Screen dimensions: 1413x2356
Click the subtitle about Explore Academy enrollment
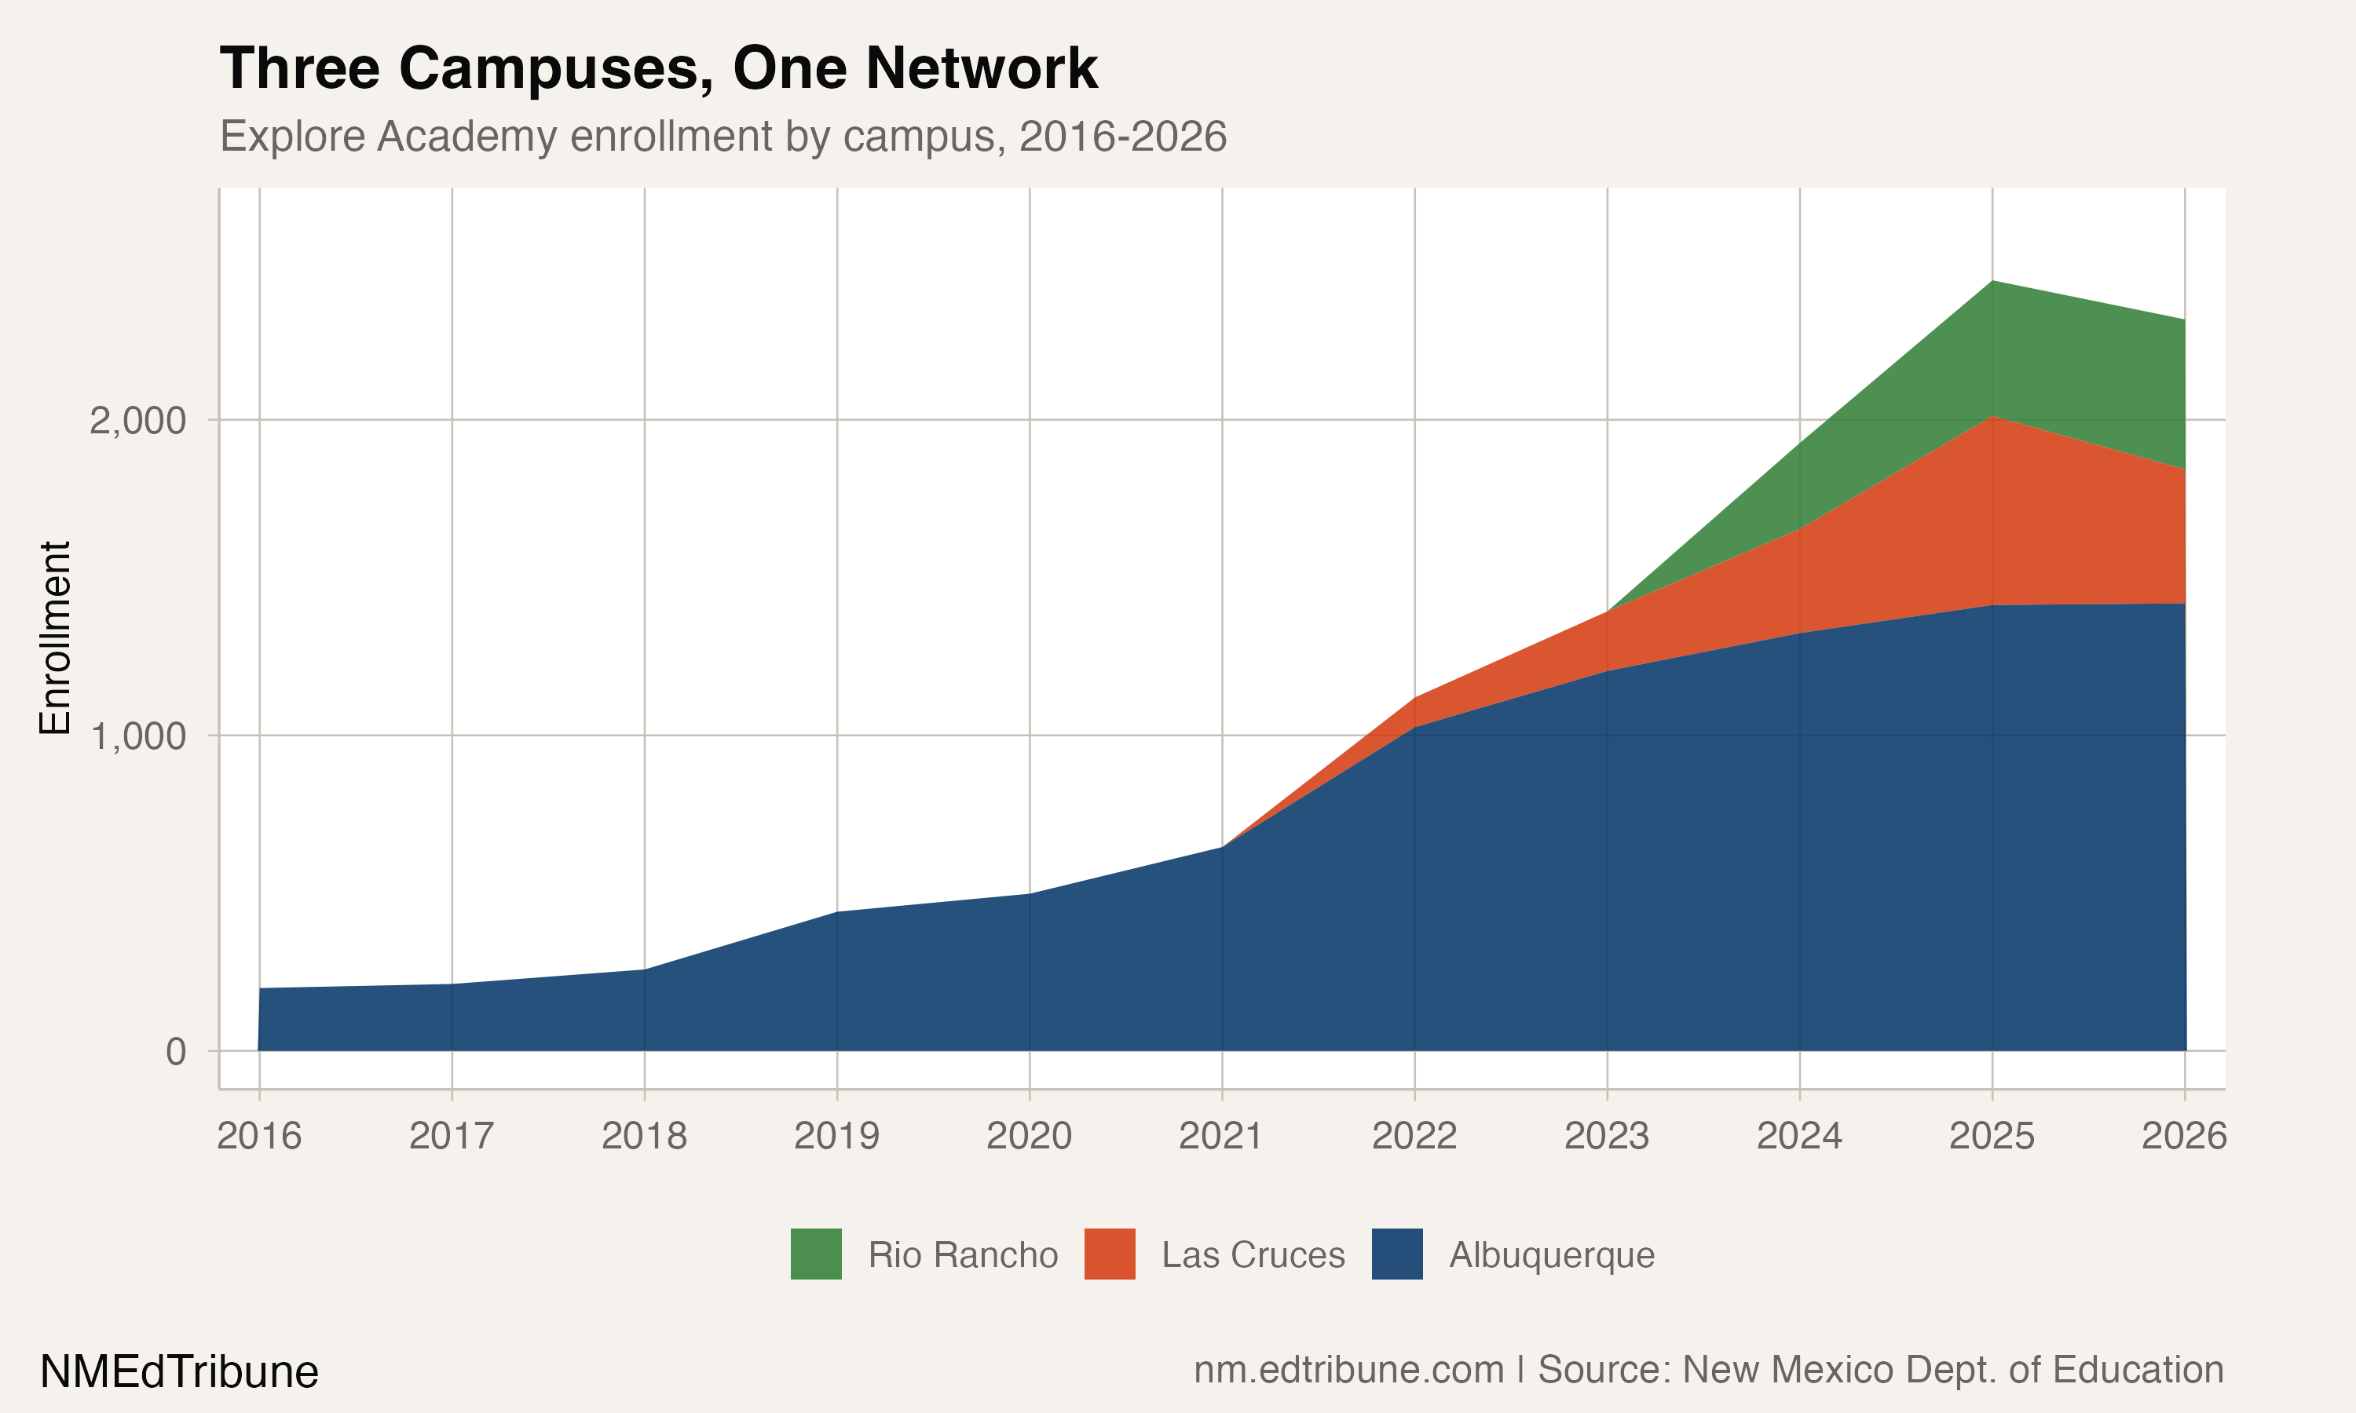(x=723, y=136)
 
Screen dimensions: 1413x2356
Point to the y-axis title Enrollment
(x=55, y=638)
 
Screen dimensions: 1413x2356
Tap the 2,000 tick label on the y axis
(x=137, y=420)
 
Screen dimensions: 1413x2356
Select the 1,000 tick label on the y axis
(x=137, y=736)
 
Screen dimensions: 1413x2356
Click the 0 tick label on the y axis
(x=175, y=1052)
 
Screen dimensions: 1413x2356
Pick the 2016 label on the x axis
(x=259, y=1136)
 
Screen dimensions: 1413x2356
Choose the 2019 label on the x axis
(x=836, y=1136)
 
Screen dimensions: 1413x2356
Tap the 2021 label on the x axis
(x=1221, y=1136)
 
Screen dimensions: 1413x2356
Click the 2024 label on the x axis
(x=1799, y=1136)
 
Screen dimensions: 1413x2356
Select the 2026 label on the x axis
(x=2184, y=1136)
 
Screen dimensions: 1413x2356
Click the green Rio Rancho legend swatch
(x=816, y=1254)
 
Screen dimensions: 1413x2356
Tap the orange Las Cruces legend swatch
(x=1110, y=1254)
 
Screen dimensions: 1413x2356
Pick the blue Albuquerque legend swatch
(x=1397, y=1254)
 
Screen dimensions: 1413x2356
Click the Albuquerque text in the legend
(x=1551, y=1255)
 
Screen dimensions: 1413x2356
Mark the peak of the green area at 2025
(x=1992, y=281)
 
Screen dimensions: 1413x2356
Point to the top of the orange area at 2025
(x=1992, y=417)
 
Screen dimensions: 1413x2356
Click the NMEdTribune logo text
(x=179, y=1372)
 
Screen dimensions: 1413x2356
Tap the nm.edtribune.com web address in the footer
(x=1348, y=1369)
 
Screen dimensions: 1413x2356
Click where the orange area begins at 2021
(x=1223, y=846)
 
